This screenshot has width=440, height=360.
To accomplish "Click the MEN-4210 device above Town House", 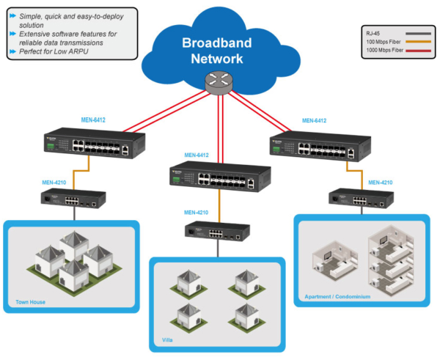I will click(x=73, y=198).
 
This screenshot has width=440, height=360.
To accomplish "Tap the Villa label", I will click(x=168, y=340).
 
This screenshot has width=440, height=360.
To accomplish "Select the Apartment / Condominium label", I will click(x=337, y=297).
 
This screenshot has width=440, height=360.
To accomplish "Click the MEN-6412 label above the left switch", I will click(x=94, y=119).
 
